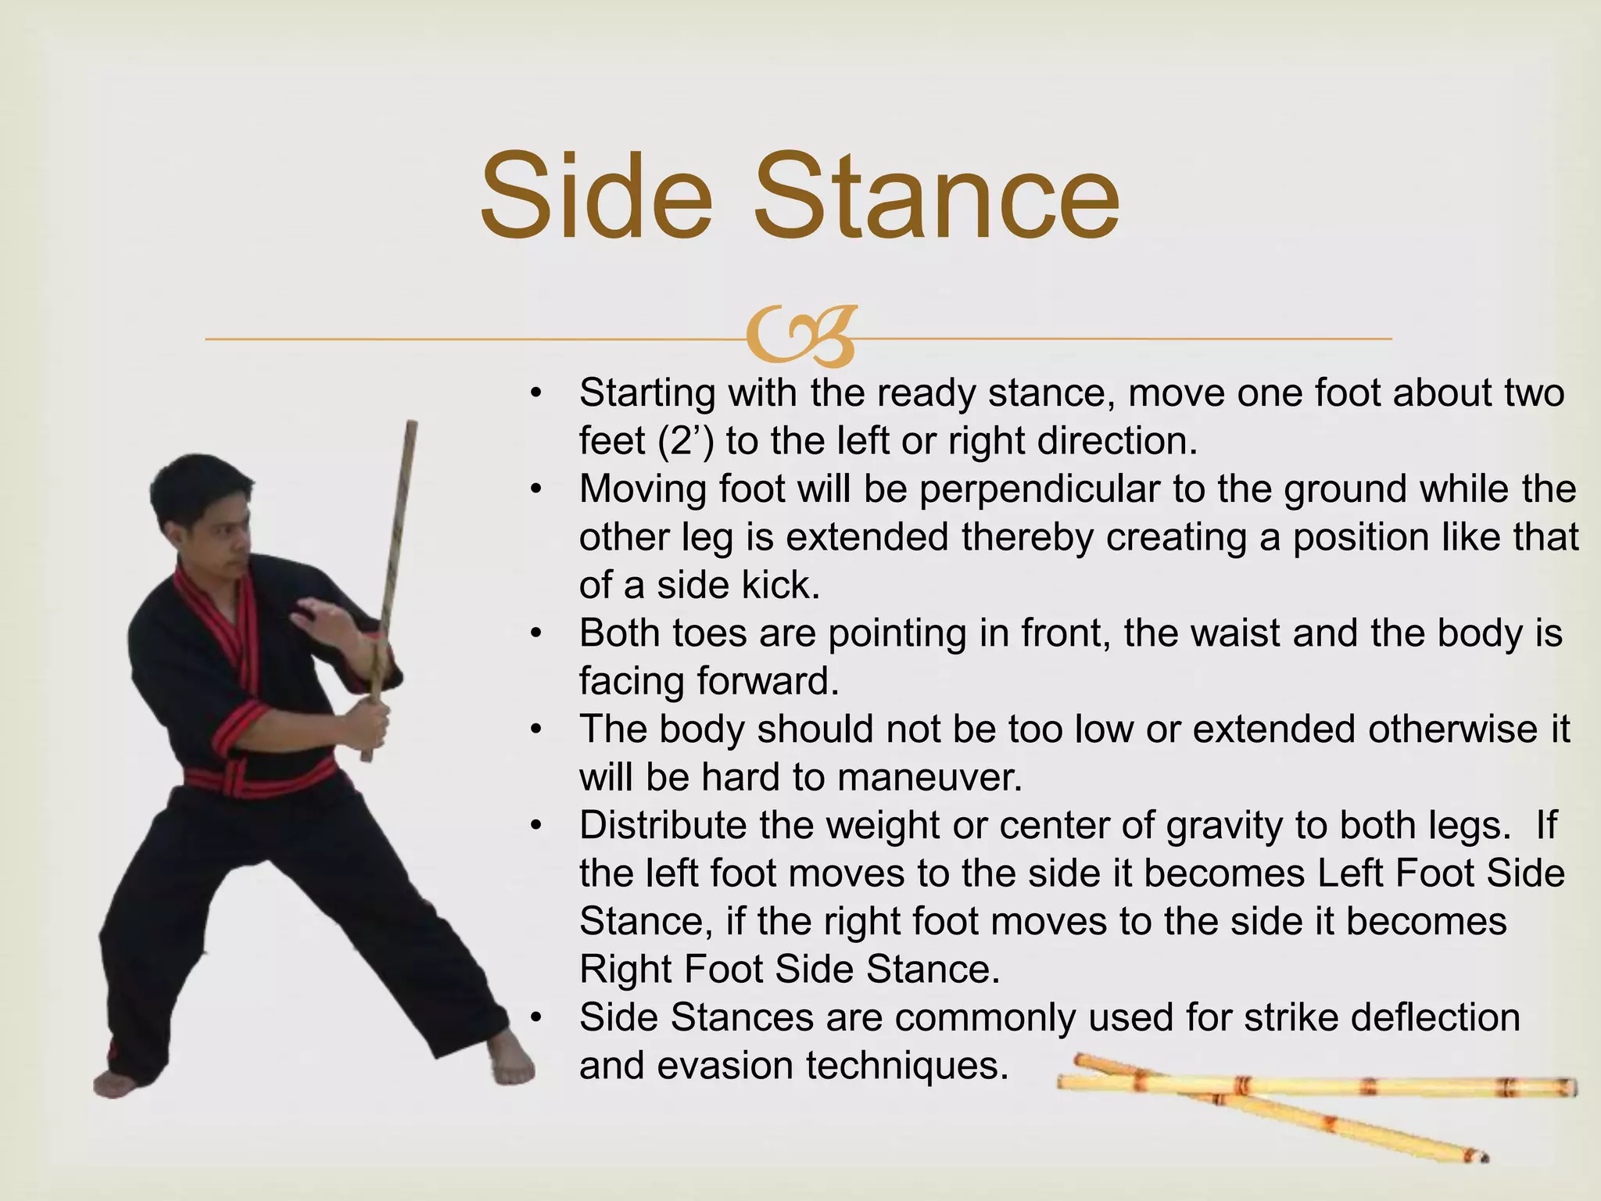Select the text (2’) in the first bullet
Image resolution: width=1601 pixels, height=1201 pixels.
click(x=686, y=442)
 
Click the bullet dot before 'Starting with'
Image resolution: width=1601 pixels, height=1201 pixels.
click(x=535, y=393)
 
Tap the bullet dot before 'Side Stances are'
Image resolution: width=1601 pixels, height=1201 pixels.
click(x=535, y=1018)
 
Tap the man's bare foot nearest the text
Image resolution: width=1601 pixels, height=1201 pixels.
click(x=512, y=1059)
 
